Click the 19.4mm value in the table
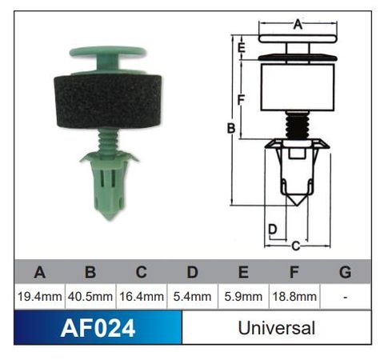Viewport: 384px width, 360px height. pos(39,297)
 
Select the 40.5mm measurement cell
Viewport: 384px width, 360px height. pos(90,297)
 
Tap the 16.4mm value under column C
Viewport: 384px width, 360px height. pos(142,297)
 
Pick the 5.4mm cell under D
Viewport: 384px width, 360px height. pos(192,297)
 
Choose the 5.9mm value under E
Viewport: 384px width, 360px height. pos(243,297)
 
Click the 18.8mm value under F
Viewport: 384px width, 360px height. pos(294,297)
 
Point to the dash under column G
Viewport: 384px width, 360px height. pos(346,297)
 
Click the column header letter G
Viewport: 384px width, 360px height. pos(346,272)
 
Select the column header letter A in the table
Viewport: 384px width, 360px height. pos(39,272)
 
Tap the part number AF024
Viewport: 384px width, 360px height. pos(98,328)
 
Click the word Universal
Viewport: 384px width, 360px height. pos(277,328)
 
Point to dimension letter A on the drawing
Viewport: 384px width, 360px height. pos(298,24)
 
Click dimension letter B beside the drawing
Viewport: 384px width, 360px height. pos(230,128)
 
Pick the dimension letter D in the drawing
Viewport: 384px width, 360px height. pos(273,230)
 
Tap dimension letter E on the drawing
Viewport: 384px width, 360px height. pos(241,47)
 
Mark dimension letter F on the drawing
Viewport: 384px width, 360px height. pos(241,98)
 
